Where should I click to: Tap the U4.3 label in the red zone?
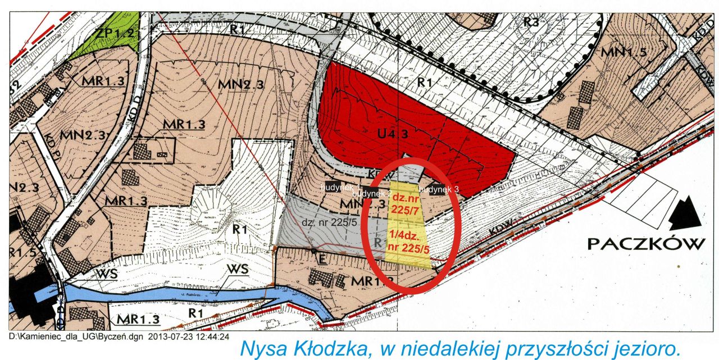[x=393, y=135]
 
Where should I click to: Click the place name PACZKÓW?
[x=645, y=244]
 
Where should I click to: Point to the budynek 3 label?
[x=440, y=190]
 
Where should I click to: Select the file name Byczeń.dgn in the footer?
[x=124, y=337]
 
